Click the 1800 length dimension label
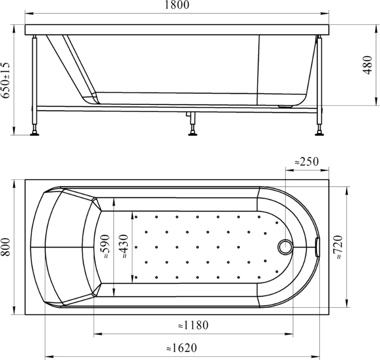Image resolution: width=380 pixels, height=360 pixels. click(177, 5)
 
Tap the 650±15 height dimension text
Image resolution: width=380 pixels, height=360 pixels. click(5, 80)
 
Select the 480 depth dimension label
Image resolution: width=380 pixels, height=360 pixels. click(367, 65)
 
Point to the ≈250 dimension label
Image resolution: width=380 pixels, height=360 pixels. click(306, 161)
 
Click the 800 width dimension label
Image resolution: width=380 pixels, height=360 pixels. click(5, 247)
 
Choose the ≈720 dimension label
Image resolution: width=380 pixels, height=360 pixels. click(338, 247)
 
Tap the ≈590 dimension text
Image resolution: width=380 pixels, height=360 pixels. click(105, 246)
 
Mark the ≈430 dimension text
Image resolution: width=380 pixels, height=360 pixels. click(123, 246)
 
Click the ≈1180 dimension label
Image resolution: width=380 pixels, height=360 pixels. click(193, 325)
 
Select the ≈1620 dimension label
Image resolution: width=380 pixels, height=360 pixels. click(181, 348)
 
